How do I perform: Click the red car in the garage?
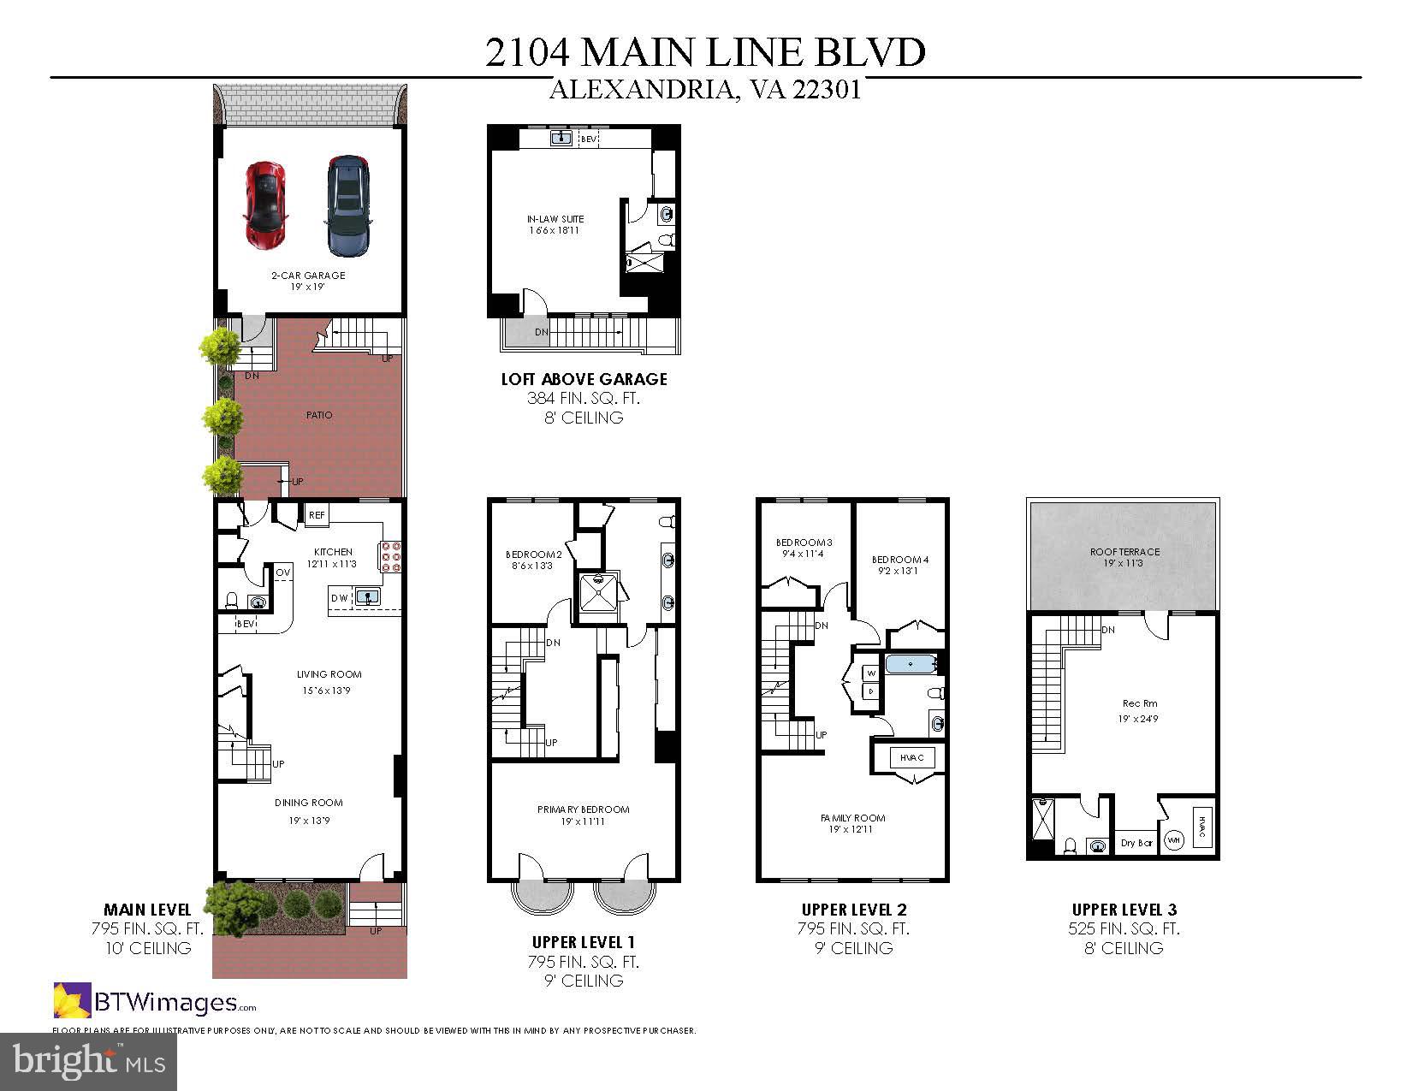coord(265,204)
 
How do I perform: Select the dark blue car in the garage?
coord(348,205)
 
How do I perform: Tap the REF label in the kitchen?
coord(317,515)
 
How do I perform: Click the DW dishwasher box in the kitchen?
coord(339,597)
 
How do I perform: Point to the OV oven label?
coord(282,572)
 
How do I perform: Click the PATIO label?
coord(319,415)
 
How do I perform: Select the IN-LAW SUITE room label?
coord(555,219)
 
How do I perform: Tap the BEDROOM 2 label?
coord(533,554)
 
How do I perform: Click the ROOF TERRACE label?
coord(1124,552)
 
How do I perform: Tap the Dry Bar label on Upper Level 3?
coord(1136,843)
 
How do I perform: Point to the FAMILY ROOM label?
coord(852,818)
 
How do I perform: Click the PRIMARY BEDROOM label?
coord(583,809)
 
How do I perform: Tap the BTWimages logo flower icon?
coord(72,1000)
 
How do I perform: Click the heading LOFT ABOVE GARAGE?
coord(584,378)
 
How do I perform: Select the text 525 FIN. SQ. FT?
coord(1124,928)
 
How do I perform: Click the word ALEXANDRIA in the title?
coord(638,90)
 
